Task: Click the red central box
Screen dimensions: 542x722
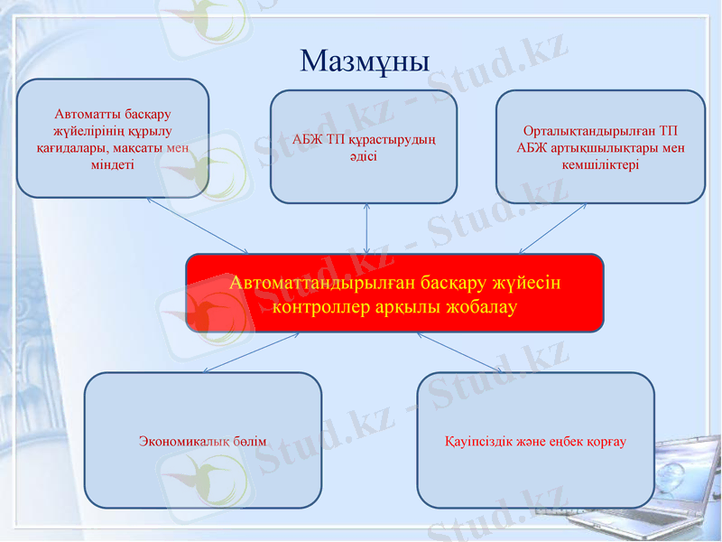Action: (x=394, y=294)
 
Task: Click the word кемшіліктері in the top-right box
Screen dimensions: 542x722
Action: (x=600, y=164)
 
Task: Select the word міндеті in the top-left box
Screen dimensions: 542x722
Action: (x=113, y=164)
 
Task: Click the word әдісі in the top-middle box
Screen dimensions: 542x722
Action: (x=364, y=155)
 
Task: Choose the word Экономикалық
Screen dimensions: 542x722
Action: (x=186, y=442)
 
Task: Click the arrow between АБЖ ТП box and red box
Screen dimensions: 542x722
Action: (x=366, y=229)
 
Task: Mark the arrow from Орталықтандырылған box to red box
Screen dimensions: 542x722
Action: (x=552, y=228)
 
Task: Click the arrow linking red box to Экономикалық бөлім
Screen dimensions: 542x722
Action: (x=250, y=352)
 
